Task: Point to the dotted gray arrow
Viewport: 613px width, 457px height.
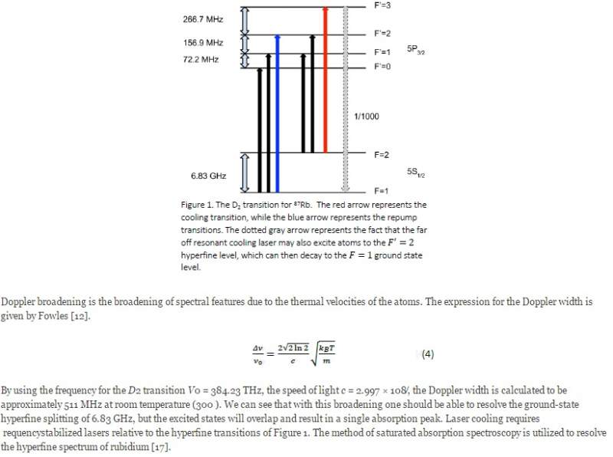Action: click(346, 100)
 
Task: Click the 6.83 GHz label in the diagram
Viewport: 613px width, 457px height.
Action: click(208, 176)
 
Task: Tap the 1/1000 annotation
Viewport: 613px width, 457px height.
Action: click(366, 117)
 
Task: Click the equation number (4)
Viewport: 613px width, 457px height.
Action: click(428, 354)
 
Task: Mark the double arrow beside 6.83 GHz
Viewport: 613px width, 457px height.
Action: click(246, 172)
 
